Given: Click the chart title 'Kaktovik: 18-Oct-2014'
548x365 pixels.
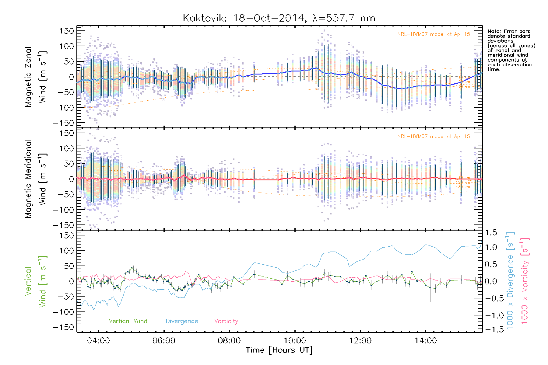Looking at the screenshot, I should tap(244, 18).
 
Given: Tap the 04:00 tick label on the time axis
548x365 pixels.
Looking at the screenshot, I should tap(98, 340).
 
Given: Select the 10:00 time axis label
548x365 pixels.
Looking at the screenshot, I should tap(295, 340).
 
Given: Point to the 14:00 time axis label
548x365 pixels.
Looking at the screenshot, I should tap(426, 340).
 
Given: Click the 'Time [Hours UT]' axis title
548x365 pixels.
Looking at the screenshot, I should tap(279, 350).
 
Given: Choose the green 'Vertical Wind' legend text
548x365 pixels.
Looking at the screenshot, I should tap(128, 321).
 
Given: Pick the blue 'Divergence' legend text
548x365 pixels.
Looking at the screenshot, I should tap(182, 321).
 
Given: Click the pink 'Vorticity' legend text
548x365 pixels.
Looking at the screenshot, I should tap(226, 321).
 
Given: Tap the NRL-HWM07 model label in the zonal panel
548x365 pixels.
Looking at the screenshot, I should tap(434, 34).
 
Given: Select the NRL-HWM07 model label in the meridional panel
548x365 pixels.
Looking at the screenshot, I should tap(434, 137).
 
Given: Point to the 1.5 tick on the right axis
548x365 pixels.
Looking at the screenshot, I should tap(491, 233).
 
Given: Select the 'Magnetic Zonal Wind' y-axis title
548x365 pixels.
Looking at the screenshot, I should tap(35, 77).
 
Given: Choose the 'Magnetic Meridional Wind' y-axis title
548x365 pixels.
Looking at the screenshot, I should tap(35, 179).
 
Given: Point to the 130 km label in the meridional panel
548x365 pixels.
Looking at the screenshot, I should tap(463, 187).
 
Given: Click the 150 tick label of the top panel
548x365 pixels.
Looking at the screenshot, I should tap(67, 31).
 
